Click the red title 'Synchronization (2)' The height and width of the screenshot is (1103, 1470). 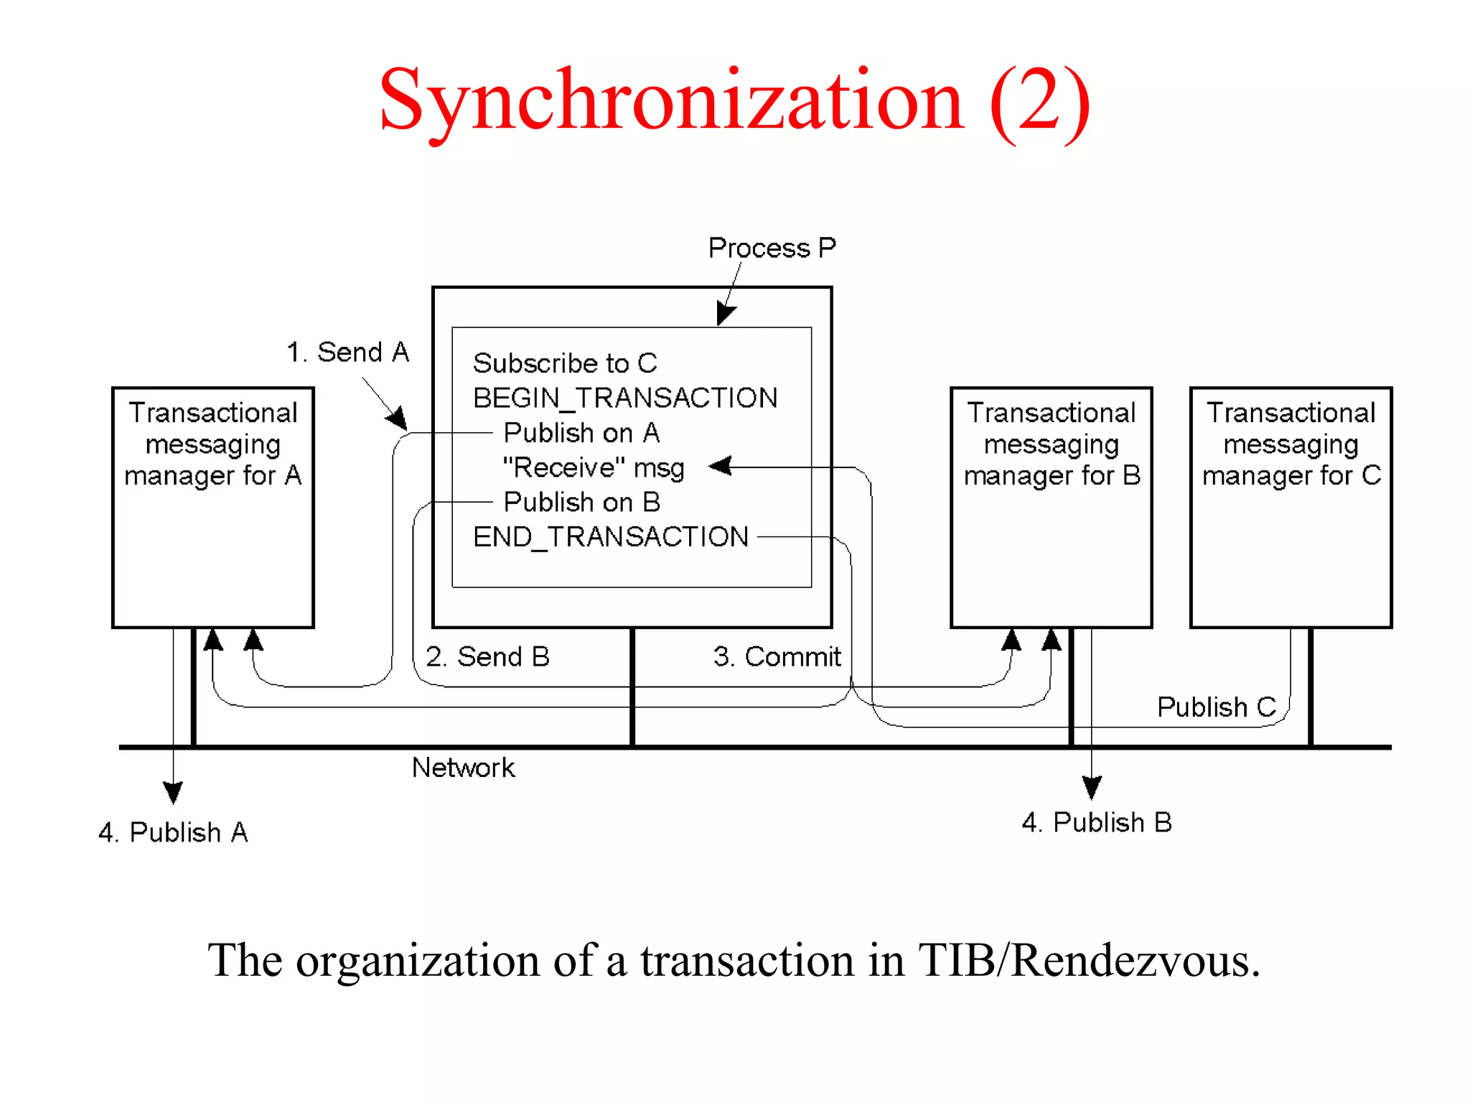click(734, 101)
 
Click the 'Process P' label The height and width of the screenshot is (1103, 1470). click(772, 248)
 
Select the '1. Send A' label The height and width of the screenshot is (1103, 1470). click(347, 353)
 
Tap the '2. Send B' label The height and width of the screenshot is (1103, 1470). click(487, 657)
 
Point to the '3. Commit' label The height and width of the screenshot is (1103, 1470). click(777, 657)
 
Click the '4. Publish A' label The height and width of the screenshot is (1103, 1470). click(173, 832)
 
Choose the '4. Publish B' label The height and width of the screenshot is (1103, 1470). click(1096, 822)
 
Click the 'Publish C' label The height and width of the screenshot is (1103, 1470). click(1216, 707)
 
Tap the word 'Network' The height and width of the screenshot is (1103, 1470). click(463, 768)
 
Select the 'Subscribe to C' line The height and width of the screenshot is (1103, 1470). click(565, 363)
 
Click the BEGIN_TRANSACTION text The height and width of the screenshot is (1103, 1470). click(624, 398)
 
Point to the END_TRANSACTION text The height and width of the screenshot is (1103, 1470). click(610, 537)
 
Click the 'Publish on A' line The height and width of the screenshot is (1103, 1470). click(581, 433)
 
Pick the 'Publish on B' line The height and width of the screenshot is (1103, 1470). click(581, 502)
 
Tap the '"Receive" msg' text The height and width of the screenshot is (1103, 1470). click(594, 467)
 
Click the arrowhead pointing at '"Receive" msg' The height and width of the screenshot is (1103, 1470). click(720, 466)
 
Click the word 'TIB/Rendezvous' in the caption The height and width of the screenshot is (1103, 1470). click(1089, 960)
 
